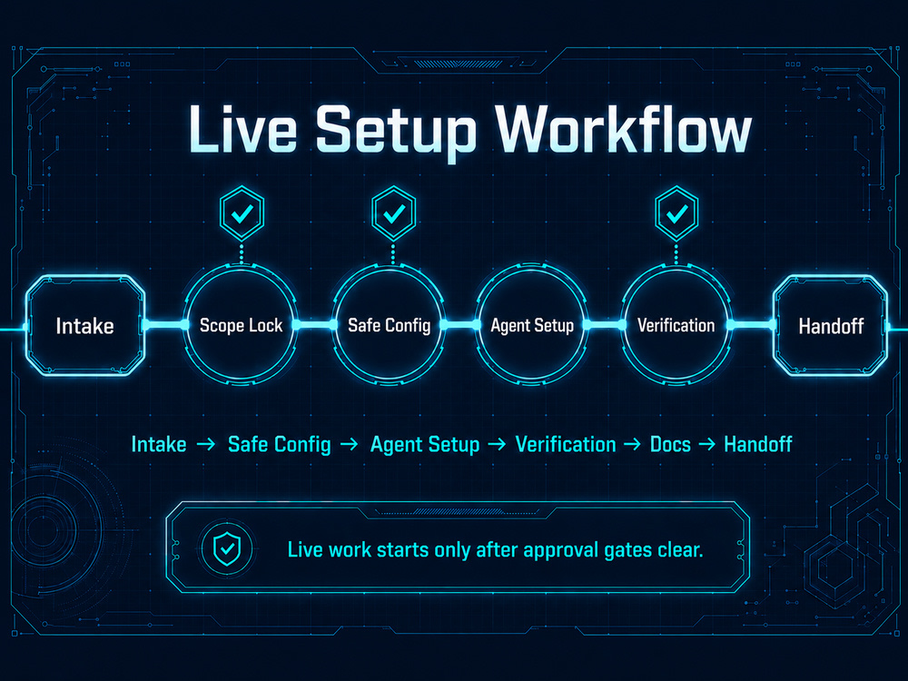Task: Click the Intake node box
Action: [85, 325]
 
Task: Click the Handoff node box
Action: [831, 325]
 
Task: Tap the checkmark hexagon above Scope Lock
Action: [242, 213]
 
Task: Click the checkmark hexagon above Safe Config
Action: [394, 213]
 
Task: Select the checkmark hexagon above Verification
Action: [676, 213]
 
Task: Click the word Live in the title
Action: [242, 129]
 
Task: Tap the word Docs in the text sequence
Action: [670, 444]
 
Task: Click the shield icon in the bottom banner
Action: [227, 548]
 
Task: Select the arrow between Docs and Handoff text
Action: [707, 444]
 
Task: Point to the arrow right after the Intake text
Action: [205, 444]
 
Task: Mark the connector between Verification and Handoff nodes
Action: [752, 325]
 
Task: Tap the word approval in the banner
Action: [556, 550]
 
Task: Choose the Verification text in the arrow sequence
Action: [565, 444]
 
